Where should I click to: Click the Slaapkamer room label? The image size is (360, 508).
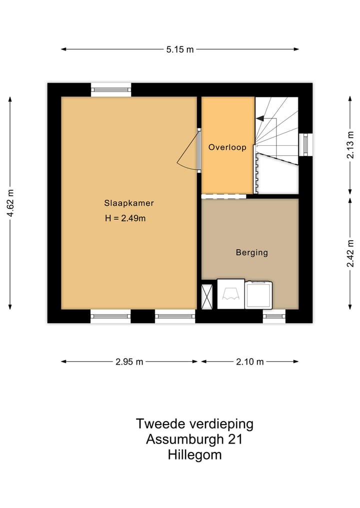128,203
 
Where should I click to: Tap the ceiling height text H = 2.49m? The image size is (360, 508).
125,218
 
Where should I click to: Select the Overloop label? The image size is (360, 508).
227,147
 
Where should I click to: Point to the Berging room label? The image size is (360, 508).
251,253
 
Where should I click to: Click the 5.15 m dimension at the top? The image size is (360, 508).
180,49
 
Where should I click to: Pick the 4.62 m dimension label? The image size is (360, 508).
10,203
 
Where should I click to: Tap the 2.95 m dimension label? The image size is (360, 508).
129,362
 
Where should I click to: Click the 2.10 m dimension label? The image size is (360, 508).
249,362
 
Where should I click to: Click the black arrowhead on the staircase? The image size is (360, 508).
259,118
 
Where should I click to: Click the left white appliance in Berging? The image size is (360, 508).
230,294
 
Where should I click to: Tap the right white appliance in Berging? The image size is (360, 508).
258,295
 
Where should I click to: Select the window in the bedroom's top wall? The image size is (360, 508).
111,90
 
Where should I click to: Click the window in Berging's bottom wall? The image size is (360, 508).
274,316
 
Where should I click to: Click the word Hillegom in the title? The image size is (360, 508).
195,455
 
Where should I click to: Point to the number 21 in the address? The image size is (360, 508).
235,440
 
